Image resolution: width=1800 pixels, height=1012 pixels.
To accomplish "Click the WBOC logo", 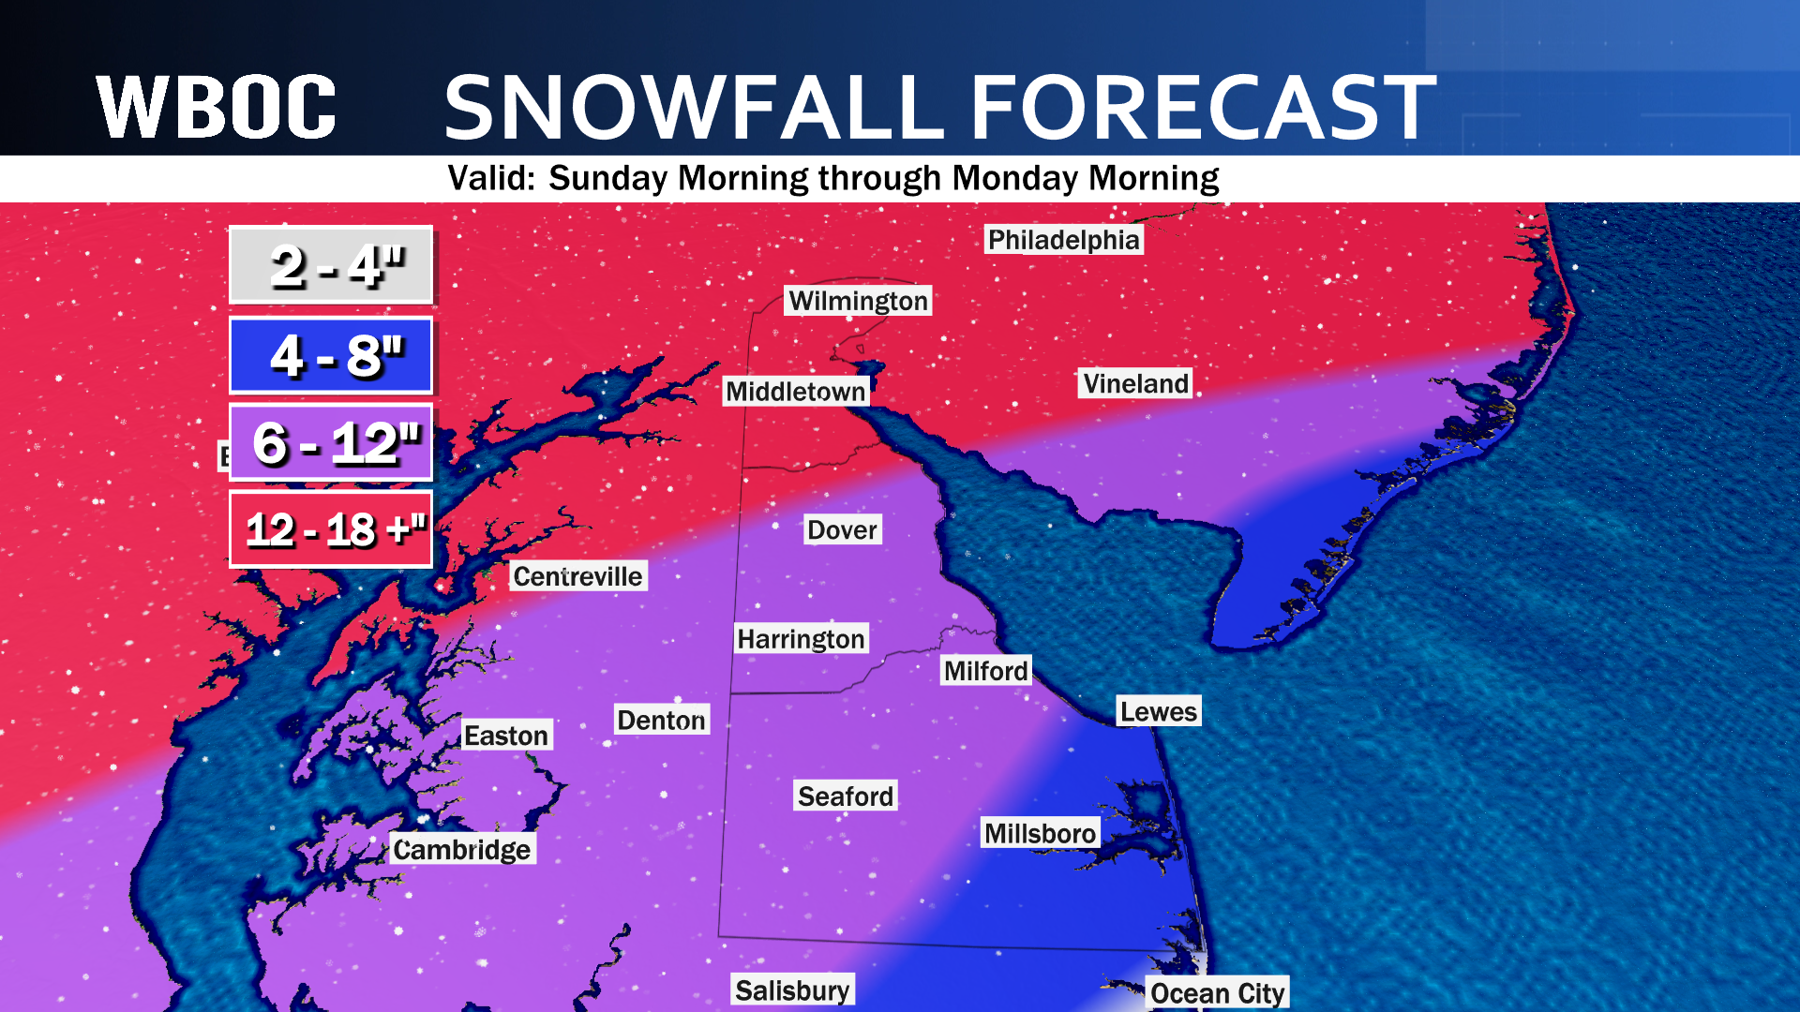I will pyautogui.click(x=216, y=108).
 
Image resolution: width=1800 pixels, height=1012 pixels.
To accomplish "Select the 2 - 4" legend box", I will pyautogui.click(x=331, y=265).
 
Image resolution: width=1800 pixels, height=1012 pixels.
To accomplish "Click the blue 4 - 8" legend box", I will pyautogui.click(x=331, y=355).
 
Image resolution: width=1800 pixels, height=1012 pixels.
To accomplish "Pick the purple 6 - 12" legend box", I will pyautogui.click(x=331, y=442).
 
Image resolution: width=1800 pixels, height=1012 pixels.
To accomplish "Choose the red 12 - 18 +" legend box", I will pyautogui.click(x=331, y=529).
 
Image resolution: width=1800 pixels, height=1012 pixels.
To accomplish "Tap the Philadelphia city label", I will pyautogui.click(x=1063, y=240).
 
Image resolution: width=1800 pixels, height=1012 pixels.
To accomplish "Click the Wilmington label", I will pyautogui.click(x=858, y=301).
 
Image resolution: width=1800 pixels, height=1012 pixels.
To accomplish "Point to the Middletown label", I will pyautogui.click(x=795, y=392).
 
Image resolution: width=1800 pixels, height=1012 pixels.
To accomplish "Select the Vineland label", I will pyautogui.click(x=1134, y=383).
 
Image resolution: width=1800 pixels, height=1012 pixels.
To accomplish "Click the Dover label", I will pyautogui.click(x=842, y=530).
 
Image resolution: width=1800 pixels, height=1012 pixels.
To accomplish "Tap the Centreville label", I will pyautogui.click(x=577, y=576).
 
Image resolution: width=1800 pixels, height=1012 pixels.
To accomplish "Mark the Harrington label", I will pyautogui.click(x=801, y=639).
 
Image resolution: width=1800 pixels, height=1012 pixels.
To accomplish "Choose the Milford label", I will pyautogui.click(x=985, y=671).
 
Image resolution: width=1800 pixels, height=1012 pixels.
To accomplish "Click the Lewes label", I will pyautogui.click(x=1158, y=712).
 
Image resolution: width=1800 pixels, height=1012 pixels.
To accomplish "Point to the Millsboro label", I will pyautogui.click(x=1039, y=833).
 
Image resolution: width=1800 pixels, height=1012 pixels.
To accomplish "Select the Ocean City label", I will pyautogui.click(x=1217, y=993).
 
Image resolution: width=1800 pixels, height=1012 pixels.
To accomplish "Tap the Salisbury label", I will pyautogui.click(x=792, y=990).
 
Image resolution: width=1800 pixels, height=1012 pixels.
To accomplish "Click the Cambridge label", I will pyautogui.click(x=461, y=849).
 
